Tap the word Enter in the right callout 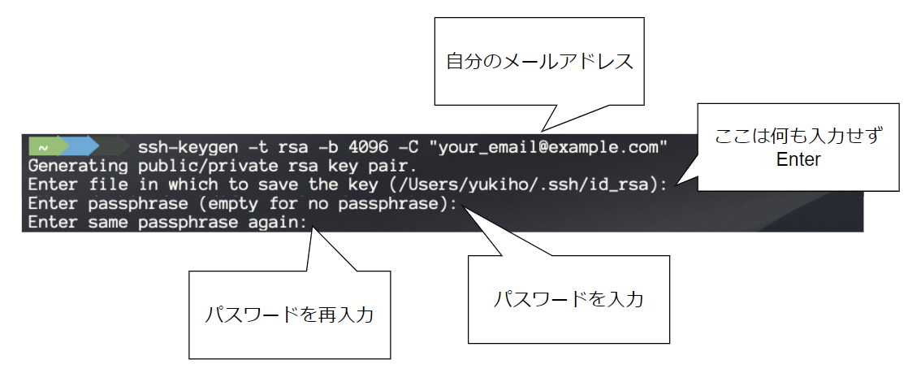[798, 158]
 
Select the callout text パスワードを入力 [569, 299]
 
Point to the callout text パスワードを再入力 [289, 315]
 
